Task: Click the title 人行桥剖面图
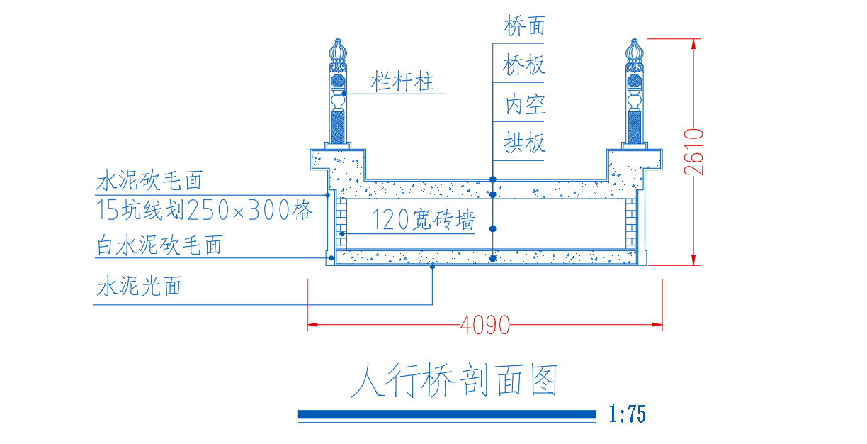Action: click(454, 380)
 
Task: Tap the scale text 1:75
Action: click(627, 414)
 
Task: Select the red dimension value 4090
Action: click(484, 325)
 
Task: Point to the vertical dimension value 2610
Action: click(693, 152)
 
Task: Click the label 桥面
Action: click(525, 26)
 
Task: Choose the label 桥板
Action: click(524, 65)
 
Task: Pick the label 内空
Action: click(526, 104)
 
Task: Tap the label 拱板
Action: click(525, 143)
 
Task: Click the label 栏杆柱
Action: click(402, 82)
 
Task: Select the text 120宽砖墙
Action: click(423, 220)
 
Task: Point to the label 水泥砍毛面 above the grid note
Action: click(149, 181)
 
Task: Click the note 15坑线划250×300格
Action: click(204, 210)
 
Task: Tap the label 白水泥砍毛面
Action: click(159, 245)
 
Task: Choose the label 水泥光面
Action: click(139, 287)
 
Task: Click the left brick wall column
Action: click(341, 223)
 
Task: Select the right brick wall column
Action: click(631, 223)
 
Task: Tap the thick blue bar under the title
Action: click(447, 414)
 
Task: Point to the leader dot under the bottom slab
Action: click(432, 267)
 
